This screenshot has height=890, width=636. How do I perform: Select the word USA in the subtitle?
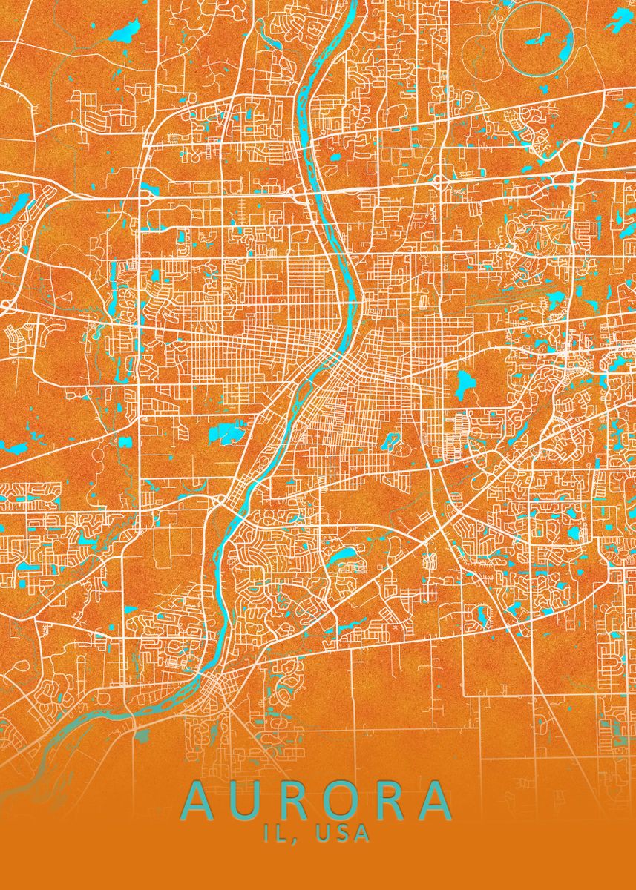coord(343,834)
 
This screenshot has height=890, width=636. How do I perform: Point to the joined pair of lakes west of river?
coord(227,431)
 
